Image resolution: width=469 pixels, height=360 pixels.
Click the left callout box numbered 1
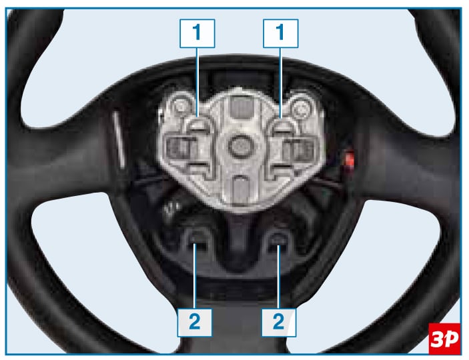point(197,33)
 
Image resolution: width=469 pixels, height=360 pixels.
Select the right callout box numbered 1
point(281,33)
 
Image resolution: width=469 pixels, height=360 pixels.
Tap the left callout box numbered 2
point(195,323)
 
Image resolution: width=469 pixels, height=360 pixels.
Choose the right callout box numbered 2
point(279,323)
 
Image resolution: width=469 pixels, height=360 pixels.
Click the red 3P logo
point(444,339)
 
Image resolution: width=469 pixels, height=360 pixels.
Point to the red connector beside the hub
point(349,160)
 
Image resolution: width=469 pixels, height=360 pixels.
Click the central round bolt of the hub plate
point(241,146)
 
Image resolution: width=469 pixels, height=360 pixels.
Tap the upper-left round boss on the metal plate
point(181,106)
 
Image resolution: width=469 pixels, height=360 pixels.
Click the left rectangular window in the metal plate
point(181,149)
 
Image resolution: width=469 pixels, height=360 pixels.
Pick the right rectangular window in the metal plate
point(298,149)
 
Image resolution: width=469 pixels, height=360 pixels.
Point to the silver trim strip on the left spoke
point(119,140)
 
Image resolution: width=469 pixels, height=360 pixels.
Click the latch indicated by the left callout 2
point(195,239)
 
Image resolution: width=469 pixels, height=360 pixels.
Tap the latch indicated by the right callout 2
point(279,240)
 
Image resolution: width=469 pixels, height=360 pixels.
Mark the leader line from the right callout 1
point(281,83)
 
